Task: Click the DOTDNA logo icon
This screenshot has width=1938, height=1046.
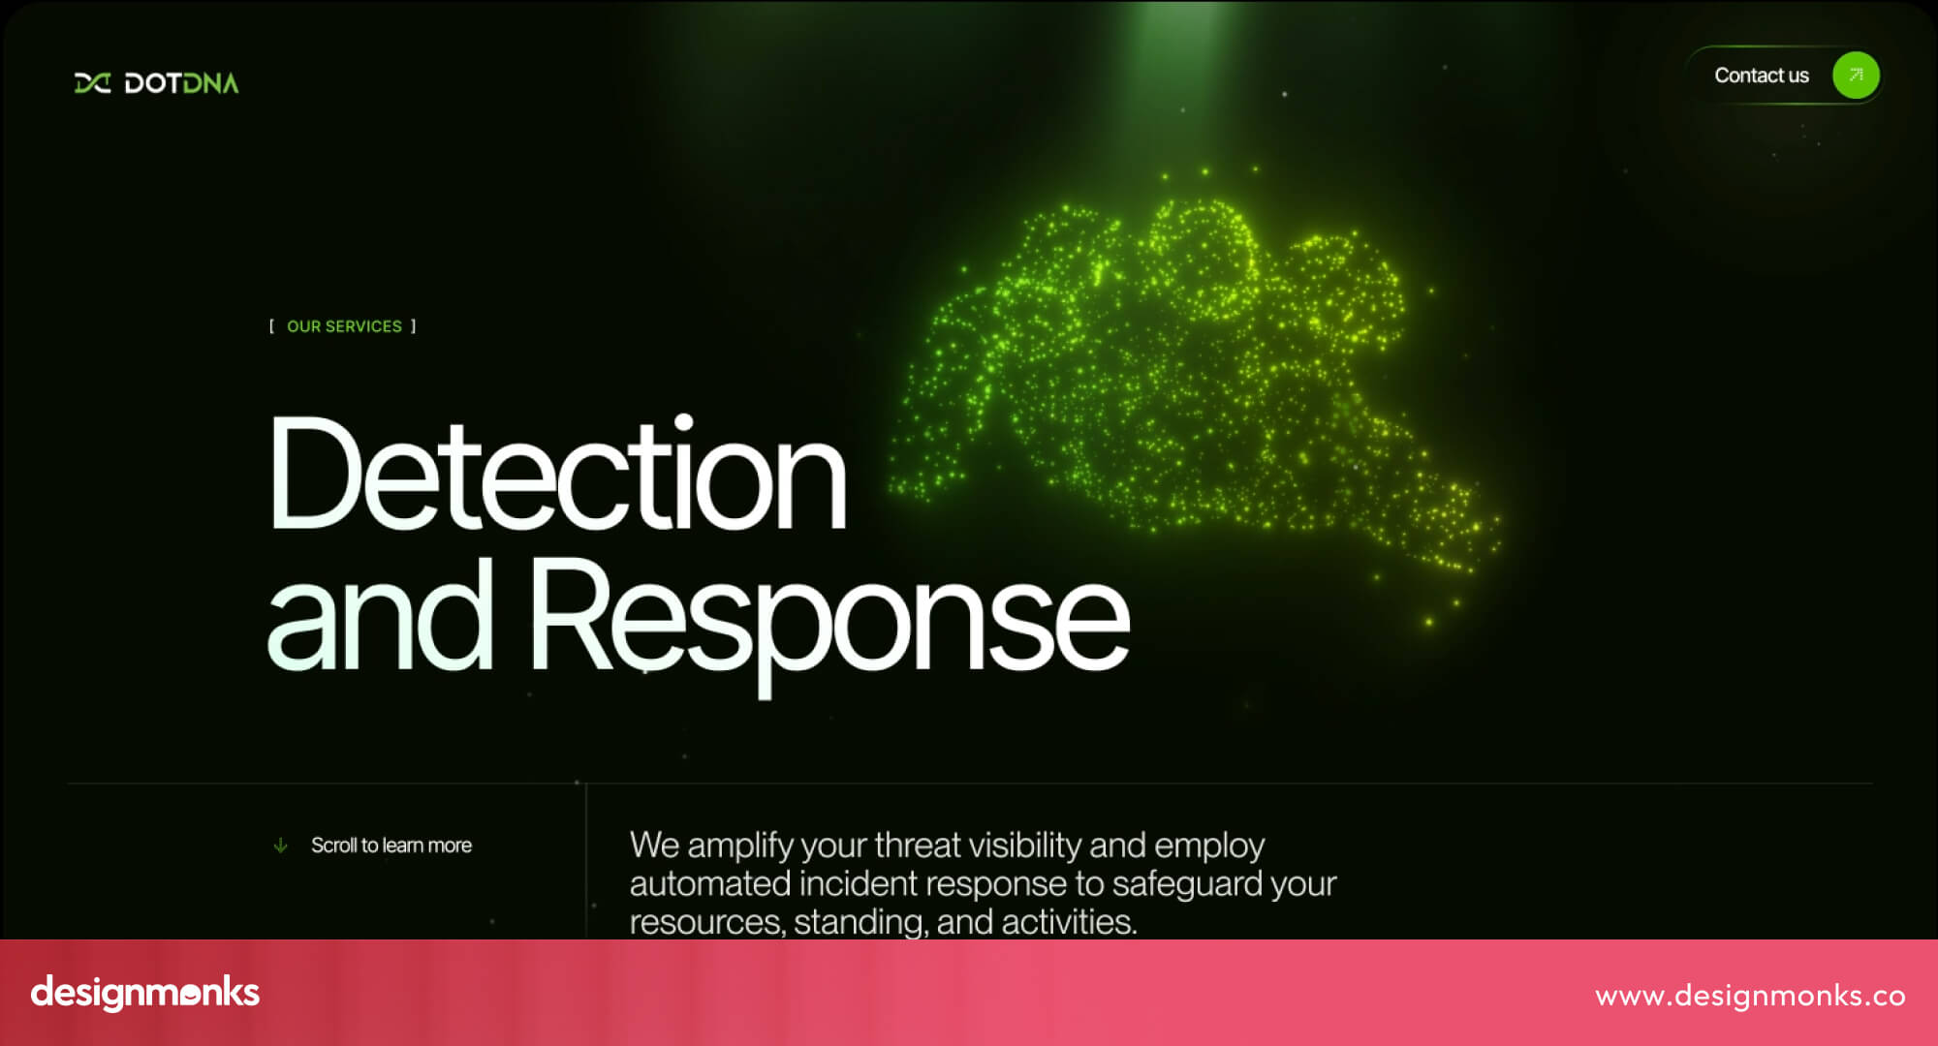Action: click(92, 83)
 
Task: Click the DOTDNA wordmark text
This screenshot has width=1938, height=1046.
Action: click(181, 83)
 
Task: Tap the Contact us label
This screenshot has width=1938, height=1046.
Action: click(1761, 76)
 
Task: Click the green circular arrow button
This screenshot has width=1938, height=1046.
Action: click(1855, 76)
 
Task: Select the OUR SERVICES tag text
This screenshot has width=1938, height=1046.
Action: click(344, 326)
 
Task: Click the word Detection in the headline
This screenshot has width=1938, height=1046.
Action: click(557, 475)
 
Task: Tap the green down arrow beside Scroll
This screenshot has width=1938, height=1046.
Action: click(280, 846)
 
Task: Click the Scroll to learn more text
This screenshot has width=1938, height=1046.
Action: click(391, 846)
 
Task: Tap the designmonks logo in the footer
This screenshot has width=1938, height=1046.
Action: click(145, 993)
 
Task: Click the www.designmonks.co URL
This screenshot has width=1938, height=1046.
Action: click(1750, 996)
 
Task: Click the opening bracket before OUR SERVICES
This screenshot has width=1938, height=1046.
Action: click(271, 326)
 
